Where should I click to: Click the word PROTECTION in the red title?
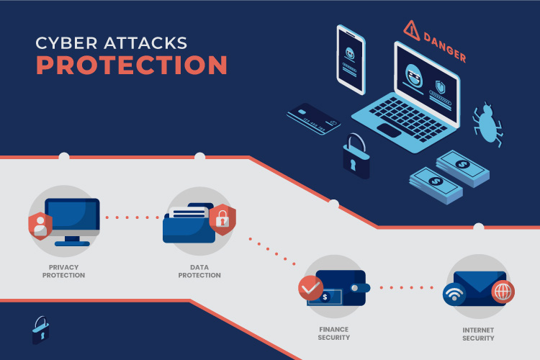132,65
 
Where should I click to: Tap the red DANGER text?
445,48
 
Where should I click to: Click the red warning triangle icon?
412,30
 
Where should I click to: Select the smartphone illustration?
351,60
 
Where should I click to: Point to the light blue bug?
487,124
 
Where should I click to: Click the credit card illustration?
313,119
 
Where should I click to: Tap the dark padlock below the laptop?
356,157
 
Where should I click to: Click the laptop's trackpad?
389,130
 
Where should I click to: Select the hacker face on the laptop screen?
414,76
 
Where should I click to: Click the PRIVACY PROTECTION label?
63,271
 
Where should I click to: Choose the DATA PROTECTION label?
199,271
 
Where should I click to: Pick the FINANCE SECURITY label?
333,333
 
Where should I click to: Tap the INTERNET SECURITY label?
478,334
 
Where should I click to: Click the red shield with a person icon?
40,226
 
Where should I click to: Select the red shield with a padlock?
222,220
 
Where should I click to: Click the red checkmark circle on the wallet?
310,288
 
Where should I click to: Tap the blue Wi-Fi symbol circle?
454,294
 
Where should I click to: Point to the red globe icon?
503,292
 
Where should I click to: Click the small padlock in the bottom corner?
40,330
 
